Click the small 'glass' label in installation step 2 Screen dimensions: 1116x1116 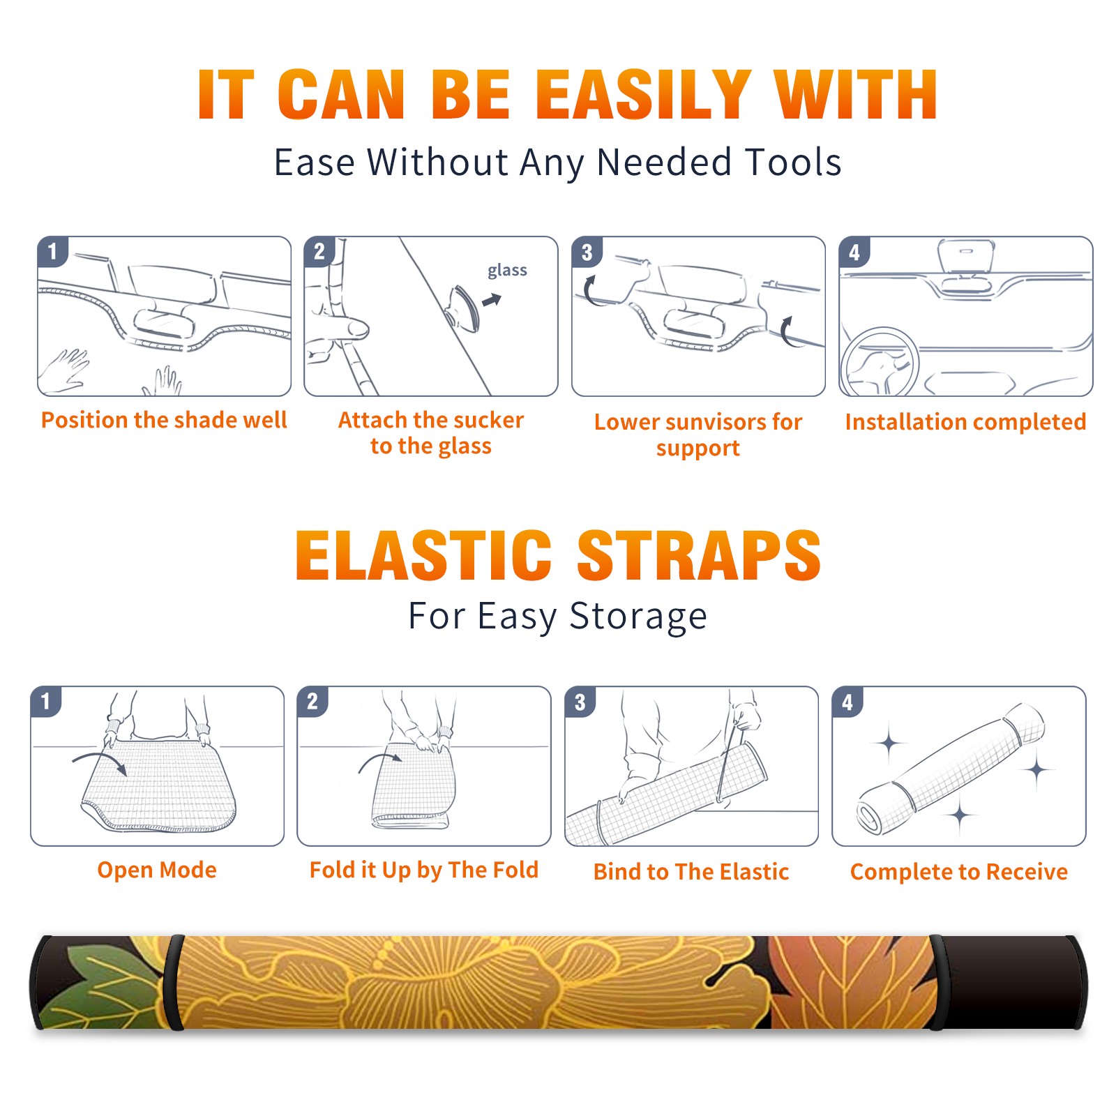click(x=507, y=270)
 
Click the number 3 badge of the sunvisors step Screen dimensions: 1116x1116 click(x=587, y=252)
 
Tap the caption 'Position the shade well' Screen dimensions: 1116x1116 click(x=164, y=420)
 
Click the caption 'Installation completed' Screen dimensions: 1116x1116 click(x=965, y=422)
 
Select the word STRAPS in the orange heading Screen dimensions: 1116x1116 click(x=699, y=555)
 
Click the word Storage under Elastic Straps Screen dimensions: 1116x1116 click(x=638, y=617)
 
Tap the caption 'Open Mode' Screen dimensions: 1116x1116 click(x=157, y=870)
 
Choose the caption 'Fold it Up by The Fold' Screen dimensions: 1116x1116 click(x=424, y=870)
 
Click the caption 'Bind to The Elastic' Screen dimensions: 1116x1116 click(x=691, y=872)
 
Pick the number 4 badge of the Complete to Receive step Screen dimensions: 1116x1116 click(x=847, y=702)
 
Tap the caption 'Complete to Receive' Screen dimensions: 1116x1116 click(x=959, y=872)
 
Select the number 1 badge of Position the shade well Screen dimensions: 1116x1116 click(x=52, y=251)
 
